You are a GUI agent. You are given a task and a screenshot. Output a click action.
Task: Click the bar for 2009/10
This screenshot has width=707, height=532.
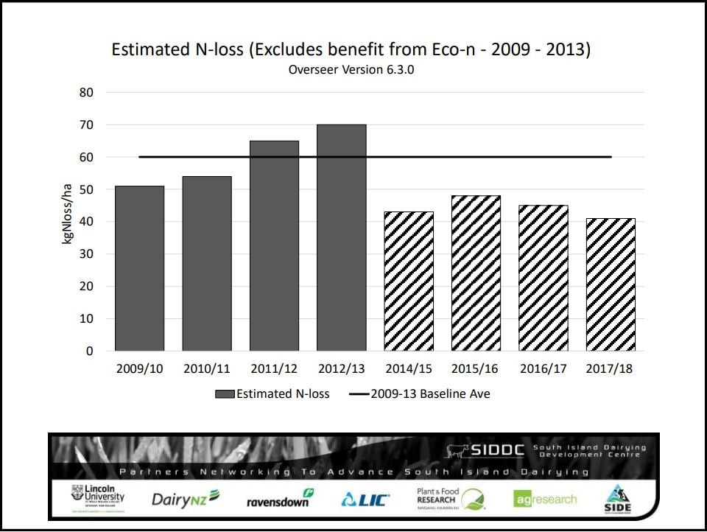point(139,268)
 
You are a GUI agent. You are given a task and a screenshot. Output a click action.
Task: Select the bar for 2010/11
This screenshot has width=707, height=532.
point(206,263)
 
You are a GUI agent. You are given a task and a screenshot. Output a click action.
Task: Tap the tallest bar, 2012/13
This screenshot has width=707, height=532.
point(341,237)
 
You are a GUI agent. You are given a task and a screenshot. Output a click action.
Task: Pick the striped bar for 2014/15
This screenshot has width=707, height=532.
point(409,281)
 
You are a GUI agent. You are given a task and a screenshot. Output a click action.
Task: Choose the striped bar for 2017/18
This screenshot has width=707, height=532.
point(611,284)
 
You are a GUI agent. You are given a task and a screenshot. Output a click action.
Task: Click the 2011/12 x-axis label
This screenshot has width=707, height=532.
point(274,368)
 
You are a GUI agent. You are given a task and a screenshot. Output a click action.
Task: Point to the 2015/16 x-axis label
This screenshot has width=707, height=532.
point(476,368)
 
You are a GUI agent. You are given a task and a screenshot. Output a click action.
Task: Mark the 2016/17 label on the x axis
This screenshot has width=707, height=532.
point(544,368)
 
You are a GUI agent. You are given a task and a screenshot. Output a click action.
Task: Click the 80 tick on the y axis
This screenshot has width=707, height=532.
point(87,93)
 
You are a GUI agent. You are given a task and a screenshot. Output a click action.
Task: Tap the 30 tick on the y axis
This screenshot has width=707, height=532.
point(87,254)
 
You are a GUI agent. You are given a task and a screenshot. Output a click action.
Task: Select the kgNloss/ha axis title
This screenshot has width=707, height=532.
point(67,215)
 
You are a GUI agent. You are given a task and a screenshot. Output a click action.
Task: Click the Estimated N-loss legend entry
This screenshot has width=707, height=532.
point(272,394)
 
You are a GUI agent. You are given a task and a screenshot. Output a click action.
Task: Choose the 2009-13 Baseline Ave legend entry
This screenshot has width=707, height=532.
point(420,394)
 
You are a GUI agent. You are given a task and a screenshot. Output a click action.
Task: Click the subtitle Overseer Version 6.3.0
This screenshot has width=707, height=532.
point(351,71)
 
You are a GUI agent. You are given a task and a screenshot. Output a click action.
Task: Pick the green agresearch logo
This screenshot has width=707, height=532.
point(545,499)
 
